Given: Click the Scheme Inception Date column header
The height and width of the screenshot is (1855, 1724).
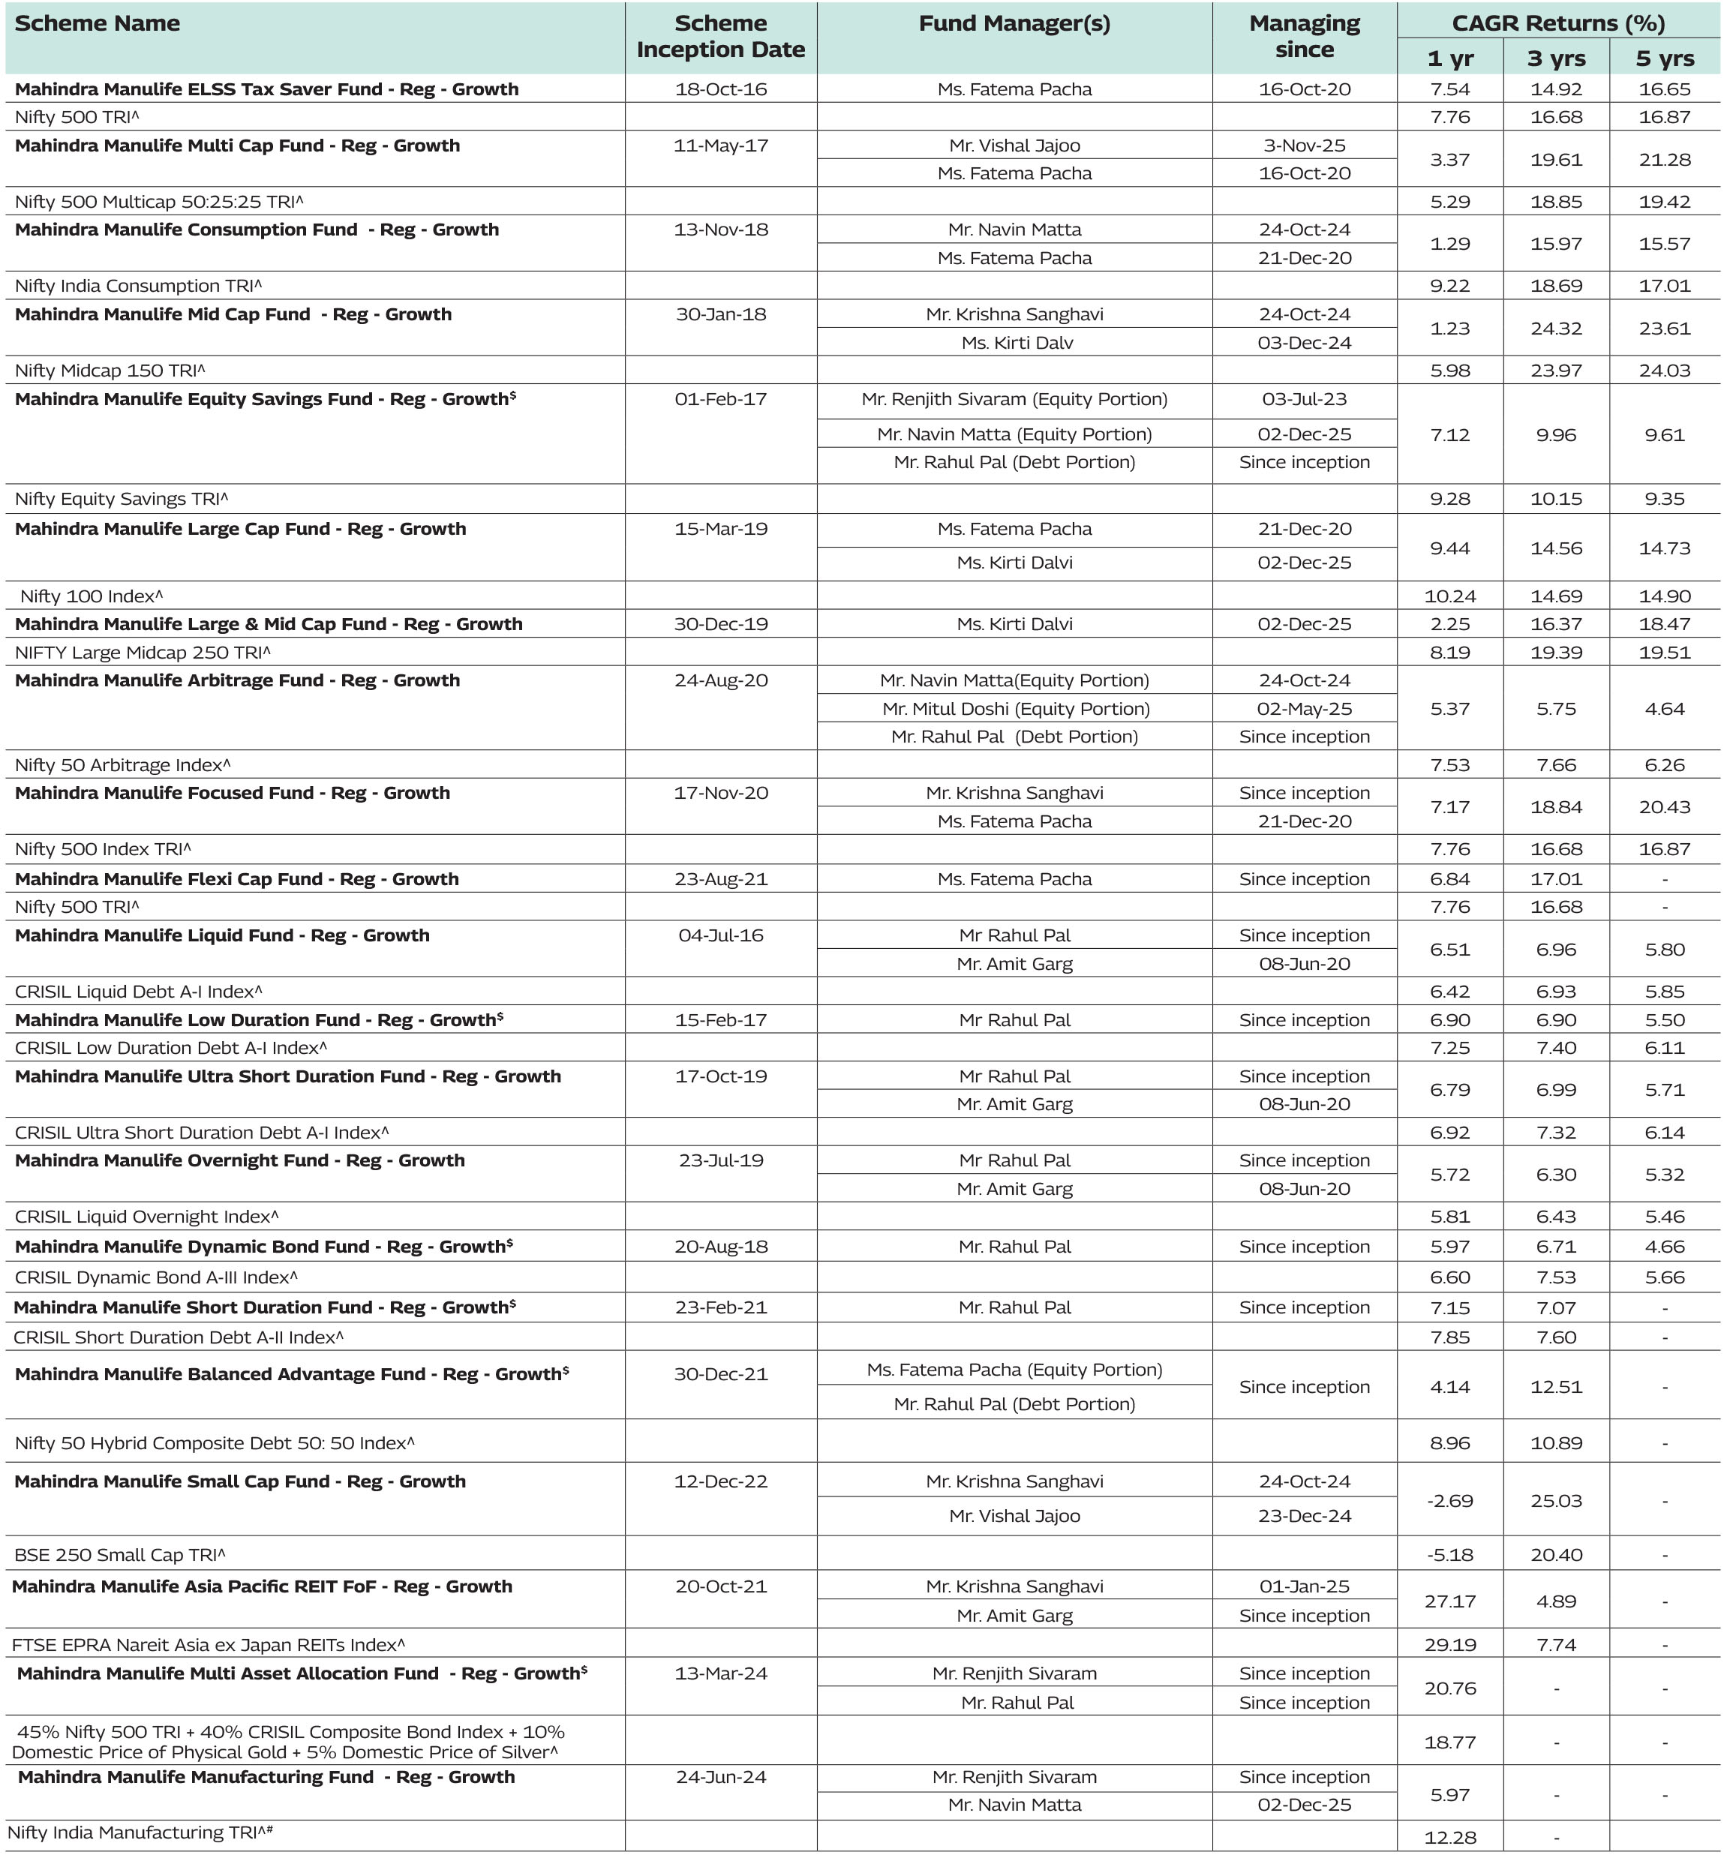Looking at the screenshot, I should tap(720, 36).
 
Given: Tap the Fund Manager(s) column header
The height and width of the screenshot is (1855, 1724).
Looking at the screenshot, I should tap(1014, 24).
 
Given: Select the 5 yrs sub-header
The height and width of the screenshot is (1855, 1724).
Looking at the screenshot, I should tap(1664, 59).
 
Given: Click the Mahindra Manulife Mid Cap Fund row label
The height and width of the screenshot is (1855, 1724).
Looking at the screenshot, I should tap(233, 314).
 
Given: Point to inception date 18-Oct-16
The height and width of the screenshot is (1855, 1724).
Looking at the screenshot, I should tap(720, 89).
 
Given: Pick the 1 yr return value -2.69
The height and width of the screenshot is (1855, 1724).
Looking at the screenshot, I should tap(1449, 1501).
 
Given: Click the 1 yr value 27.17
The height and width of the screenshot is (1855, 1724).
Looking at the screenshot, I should tap(1449, 1601).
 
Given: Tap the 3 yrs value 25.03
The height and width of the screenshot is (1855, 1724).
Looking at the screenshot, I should tap(1556, 1501).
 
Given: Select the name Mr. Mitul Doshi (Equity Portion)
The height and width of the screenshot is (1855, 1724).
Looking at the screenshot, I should tap(1015, 709).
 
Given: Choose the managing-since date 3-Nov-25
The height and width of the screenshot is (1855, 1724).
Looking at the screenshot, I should tap(1304, 146).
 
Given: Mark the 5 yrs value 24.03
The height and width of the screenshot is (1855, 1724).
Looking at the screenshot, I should tap(1664, 371).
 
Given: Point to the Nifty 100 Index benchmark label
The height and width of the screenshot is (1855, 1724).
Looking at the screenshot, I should tap(92, 596).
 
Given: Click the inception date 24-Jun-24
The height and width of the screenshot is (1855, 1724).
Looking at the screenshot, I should tap(720, 1777).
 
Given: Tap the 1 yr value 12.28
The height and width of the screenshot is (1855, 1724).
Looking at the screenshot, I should tap(1449, 1837).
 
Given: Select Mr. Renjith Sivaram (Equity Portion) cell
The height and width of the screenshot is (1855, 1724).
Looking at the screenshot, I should tap(1014, 399).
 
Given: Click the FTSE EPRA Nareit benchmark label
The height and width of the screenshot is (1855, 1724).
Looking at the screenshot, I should tap(208, 1644).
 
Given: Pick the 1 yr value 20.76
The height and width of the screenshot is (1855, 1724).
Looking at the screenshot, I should tap(1449, 1688).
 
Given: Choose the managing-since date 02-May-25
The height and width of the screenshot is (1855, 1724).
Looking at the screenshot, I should tap(1304, 709).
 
